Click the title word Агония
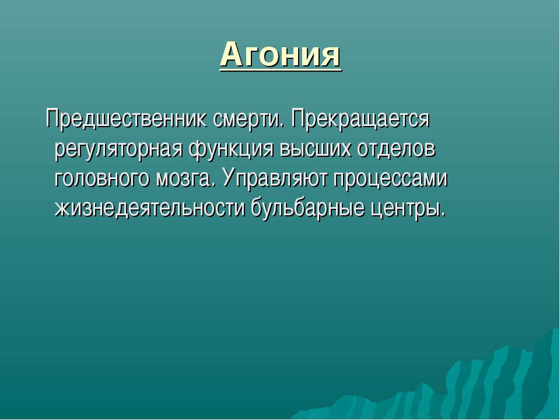click(281, 55)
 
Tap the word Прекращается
click(360, 119)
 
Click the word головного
click(101, 178)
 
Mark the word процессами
click(390, 179)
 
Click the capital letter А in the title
click(233, 54)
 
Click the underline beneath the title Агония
click(281, 71)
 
